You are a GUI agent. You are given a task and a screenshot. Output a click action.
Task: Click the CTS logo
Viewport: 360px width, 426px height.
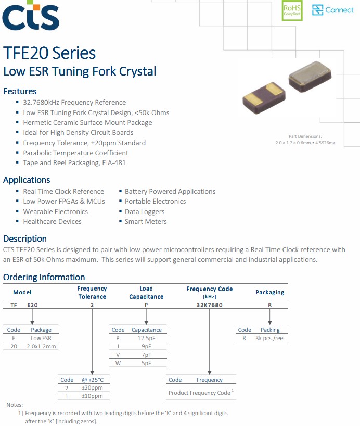[x=31, y=16]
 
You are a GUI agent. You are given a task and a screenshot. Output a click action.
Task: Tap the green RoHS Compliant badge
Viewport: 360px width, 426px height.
[x=292, y=10]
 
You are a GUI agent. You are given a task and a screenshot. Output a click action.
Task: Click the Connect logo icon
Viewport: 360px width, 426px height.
[x=317, y=10]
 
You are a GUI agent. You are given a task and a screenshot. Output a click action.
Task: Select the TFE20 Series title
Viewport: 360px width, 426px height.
[x=49, y=53]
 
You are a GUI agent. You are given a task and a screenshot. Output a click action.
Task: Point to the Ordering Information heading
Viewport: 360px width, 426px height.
[x=44, y=277]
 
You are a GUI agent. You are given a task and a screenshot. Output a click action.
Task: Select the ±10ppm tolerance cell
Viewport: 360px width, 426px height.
[x=92, y=396]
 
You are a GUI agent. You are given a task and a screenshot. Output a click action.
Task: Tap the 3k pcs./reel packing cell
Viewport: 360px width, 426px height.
[x=270, y=339]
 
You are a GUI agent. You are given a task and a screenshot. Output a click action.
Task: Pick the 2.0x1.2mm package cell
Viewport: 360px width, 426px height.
[x=41, y=346]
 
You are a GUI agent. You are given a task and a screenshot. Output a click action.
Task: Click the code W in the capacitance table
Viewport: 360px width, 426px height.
[x=118, y=363]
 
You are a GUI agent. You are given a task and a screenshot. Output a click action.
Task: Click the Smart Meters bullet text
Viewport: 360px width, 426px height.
[x=146, y=221]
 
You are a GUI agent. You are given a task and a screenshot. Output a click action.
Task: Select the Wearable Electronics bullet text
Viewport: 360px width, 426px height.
[x=55, y=211]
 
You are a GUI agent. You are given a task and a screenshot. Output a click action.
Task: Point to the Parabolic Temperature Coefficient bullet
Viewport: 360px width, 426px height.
[x=75, y=153]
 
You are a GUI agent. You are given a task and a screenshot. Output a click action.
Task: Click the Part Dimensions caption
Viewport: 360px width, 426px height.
[x=305, y=136]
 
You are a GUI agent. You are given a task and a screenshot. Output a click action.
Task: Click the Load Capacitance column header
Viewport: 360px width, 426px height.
[x=146, y=293]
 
